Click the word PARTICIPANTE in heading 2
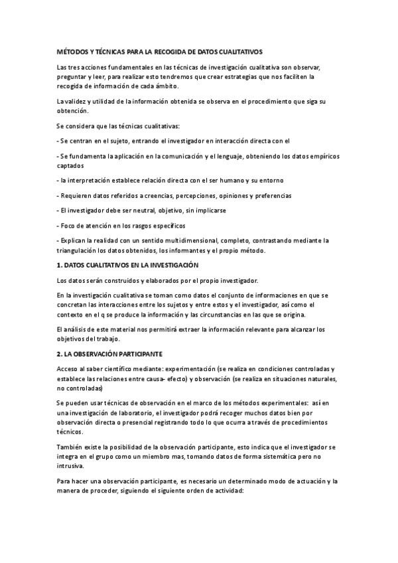pos(145,354)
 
